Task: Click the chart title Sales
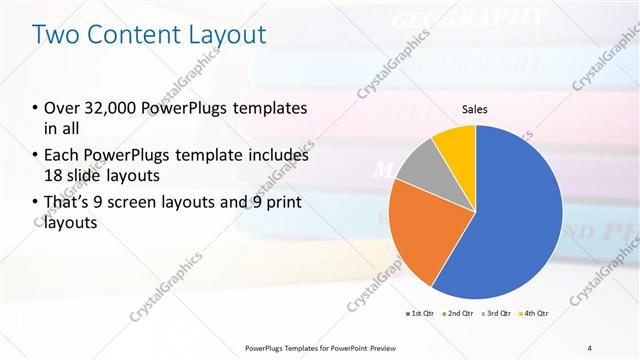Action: coord(474,109)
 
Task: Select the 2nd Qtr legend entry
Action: coord(459,314)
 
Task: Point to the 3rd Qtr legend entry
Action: coord(499,314)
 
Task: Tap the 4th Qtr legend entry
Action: coord(537,314)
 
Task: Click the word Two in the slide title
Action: coord(57,35)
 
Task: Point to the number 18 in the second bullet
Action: coord(57,176)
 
